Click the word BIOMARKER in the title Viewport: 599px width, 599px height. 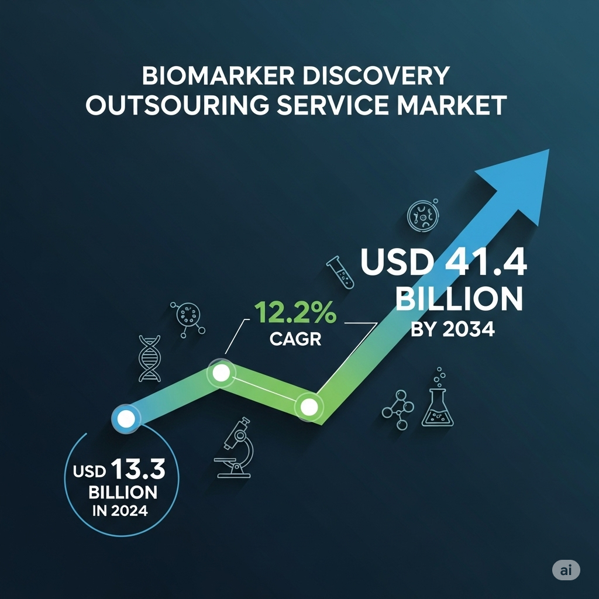219,75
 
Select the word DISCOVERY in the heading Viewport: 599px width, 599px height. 376,75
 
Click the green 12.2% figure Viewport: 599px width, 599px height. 295,312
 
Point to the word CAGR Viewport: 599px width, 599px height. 295,339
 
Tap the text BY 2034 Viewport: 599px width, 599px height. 453,329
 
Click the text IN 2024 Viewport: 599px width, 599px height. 120,511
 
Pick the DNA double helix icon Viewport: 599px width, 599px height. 149,359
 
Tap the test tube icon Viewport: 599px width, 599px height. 340,272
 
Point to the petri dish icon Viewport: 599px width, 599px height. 423,215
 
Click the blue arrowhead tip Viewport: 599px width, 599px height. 549,149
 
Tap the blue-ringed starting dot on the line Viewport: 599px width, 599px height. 126,419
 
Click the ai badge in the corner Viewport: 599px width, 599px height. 566,570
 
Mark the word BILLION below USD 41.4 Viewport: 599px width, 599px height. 459,299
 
